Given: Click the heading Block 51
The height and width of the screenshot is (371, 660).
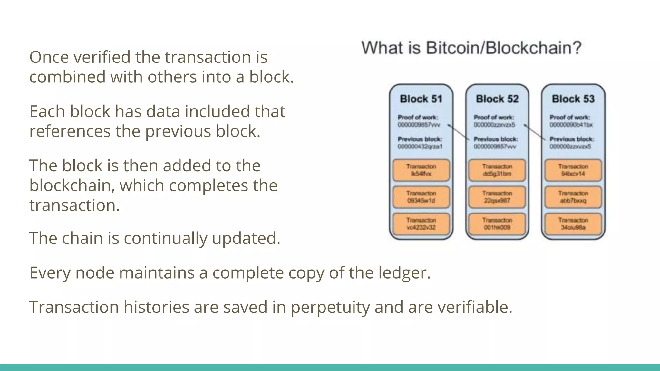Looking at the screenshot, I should tap(421, 99).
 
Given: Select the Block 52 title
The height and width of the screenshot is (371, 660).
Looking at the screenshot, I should tap(497, 99).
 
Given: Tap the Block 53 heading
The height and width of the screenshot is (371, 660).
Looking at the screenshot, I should tap(573, 99).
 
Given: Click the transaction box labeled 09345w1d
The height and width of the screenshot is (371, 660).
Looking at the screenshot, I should tap(421, 197).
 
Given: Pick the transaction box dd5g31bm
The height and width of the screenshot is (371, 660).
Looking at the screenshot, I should tap(497, 170).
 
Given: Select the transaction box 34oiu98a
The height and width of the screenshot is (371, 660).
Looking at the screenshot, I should tap(573, 224).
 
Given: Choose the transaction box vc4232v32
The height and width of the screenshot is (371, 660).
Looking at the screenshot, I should tap(421, 224).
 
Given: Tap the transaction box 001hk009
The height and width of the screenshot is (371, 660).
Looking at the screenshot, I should tap(497, 224).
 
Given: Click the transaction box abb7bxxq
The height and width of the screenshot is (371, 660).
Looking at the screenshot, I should tap(573, 197).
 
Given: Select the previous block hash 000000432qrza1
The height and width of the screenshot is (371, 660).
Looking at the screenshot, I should tap(420, 147).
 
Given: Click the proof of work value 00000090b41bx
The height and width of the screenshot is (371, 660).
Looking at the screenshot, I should tap(571, 125).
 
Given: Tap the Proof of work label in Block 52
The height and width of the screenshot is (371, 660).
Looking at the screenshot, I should tap(494, 118).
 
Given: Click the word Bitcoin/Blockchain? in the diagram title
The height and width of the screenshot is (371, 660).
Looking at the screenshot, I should tap(504, 48).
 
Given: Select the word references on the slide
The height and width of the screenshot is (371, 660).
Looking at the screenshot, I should tap(70, 131).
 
